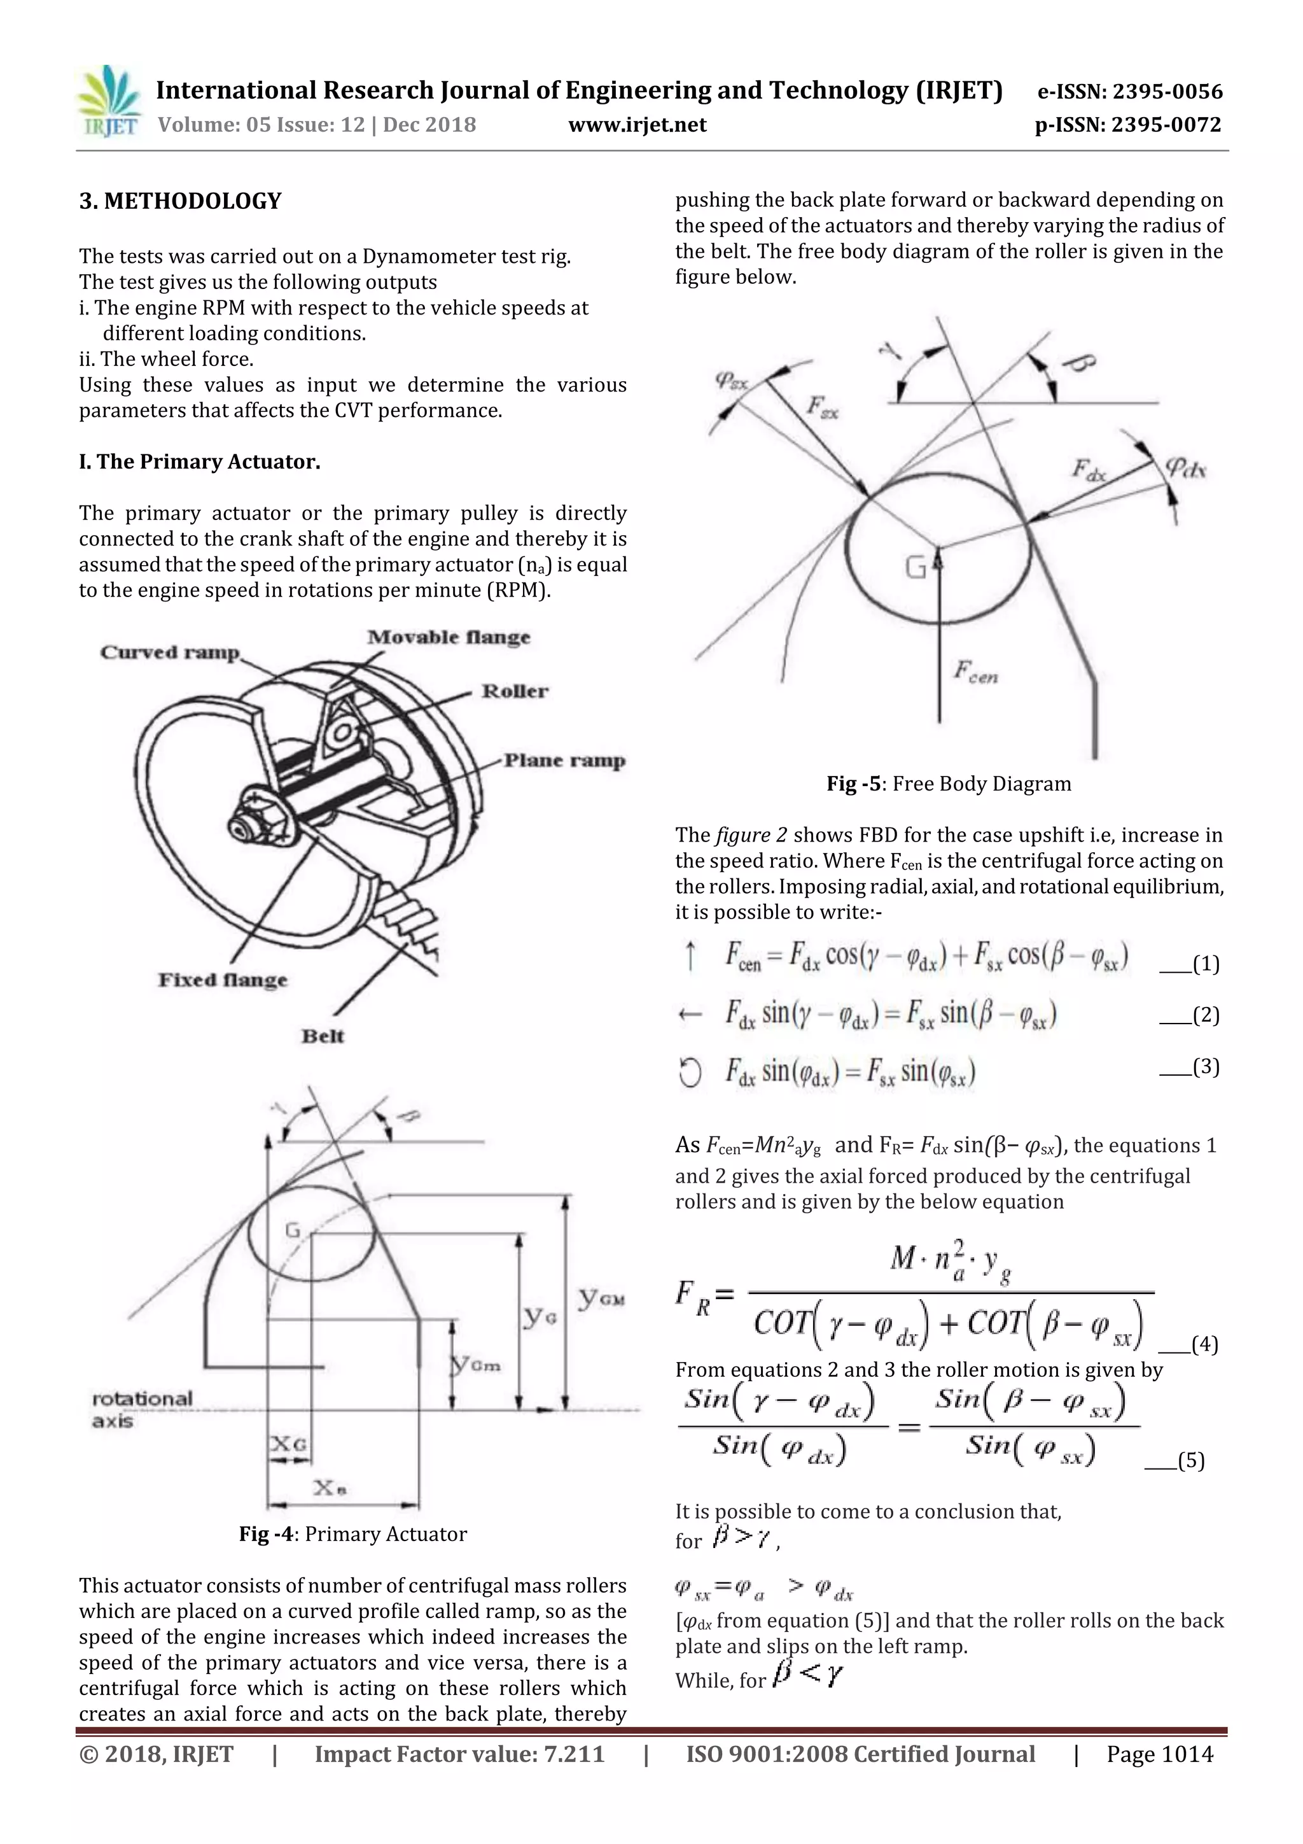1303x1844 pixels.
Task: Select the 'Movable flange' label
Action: pos(449,638)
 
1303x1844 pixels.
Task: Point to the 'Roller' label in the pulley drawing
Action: pos(515,691)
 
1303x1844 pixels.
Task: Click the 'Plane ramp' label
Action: pos(564,761)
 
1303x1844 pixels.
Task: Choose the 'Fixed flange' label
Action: pos(223,980)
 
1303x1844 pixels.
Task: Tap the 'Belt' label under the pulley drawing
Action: pos(323,1036)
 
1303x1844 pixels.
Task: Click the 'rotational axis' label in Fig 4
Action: pos(142,1409)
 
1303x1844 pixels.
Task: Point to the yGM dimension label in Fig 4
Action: pos(601,1296)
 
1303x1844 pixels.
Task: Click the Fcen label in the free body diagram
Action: pos(975,672)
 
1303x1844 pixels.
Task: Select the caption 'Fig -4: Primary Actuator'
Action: pos(352,1534)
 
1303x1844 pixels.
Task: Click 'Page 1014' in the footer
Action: pos(1159,1754)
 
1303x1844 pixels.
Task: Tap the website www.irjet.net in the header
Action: pos(637,125)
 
